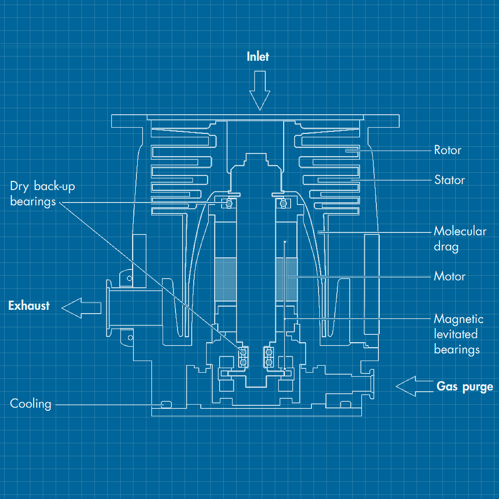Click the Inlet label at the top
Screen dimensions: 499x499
257,57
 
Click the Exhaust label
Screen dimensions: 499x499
29,306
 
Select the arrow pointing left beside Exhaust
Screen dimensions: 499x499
82,308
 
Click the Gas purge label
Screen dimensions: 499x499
464,387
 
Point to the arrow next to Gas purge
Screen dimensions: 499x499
414,386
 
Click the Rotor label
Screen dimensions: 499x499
447,150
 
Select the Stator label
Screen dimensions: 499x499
449,180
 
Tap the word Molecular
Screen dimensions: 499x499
460,231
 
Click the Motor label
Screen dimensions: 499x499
449,276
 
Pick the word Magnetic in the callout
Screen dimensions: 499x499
458,319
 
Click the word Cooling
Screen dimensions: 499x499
31,404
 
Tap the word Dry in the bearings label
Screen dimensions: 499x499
19,186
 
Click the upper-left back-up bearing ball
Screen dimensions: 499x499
228,203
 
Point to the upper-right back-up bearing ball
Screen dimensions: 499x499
284,203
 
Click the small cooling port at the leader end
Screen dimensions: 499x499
166,404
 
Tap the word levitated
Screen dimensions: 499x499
455,334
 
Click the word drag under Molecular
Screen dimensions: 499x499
446,247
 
